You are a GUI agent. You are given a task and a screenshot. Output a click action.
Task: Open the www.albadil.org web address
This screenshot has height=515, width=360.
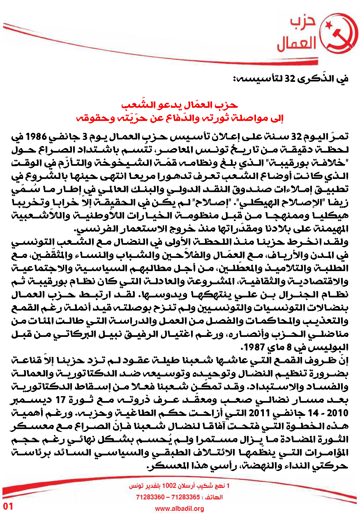tap(180, 509)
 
